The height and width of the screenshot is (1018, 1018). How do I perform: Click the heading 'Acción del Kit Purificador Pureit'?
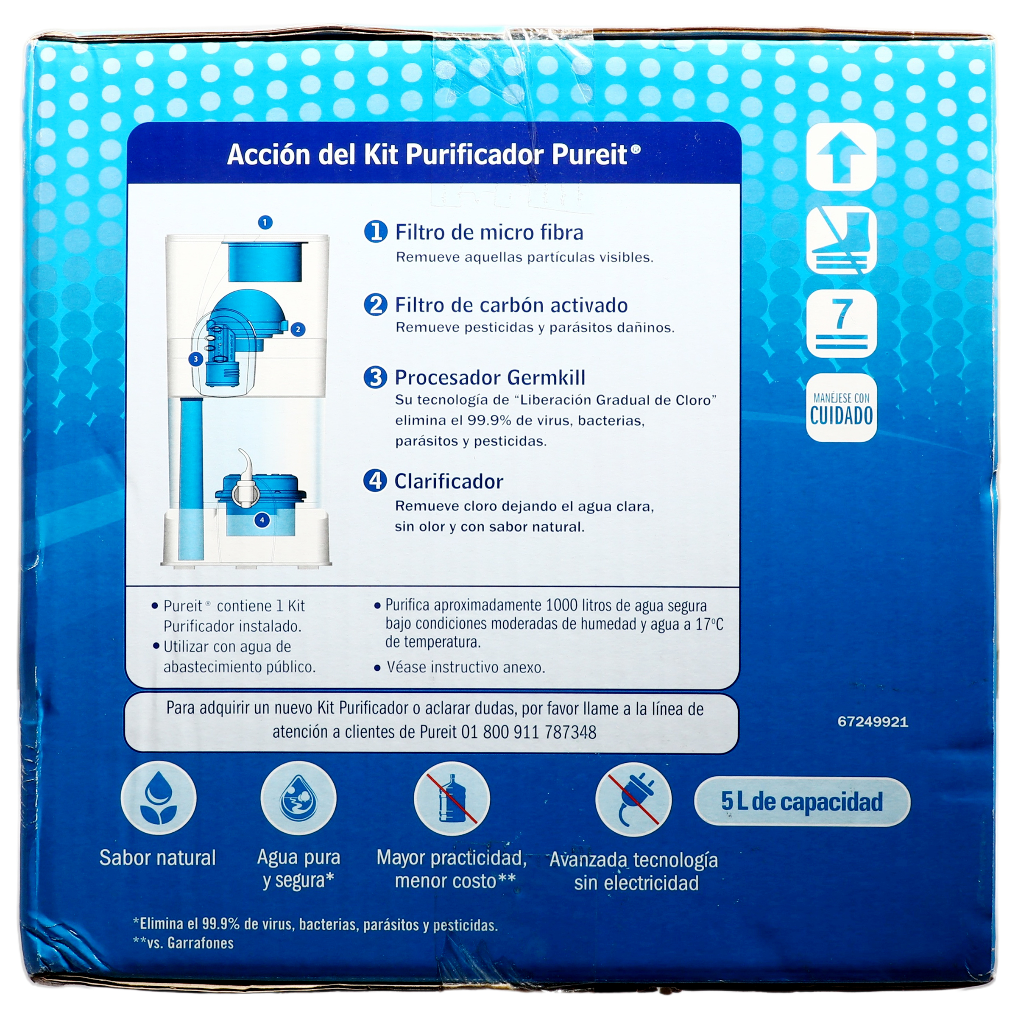coord(434,155)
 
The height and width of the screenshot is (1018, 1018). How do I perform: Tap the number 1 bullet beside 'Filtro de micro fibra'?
coord(376,232)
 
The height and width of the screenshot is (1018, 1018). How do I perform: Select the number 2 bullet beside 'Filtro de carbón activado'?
coord(376,304)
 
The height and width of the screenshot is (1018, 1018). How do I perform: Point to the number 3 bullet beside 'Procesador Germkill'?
coord(376,377)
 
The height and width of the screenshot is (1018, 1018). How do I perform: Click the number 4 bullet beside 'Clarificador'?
coord(375,480)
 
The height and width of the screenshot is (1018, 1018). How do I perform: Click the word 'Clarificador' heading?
coord(449,481)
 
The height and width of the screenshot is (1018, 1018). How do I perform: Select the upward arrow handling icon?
coord(842,157)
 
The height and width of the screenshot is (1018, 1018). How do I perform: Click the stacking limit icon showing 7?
coord(842,324)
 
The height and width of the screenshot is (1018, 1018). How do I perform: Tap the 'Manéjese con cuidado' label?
coord(842,408)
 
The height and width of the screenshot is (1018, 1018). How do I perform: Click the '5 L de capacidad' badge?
coord(802,802)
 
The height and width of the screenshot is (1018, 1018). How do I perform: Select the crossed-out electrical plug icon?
coord(633,799)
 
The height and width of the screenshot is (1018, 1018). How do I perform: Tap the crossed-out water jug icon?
coord(452,799)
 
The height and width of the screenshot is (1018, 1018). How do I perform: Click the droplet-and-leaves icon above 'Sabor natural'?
coord(158,799)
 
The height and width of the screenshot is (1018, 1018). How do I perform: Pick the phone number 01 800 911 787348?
coord(529,732)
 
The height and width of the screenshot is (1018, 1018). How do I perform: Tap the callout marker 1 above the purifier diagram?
coord(265,222)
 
